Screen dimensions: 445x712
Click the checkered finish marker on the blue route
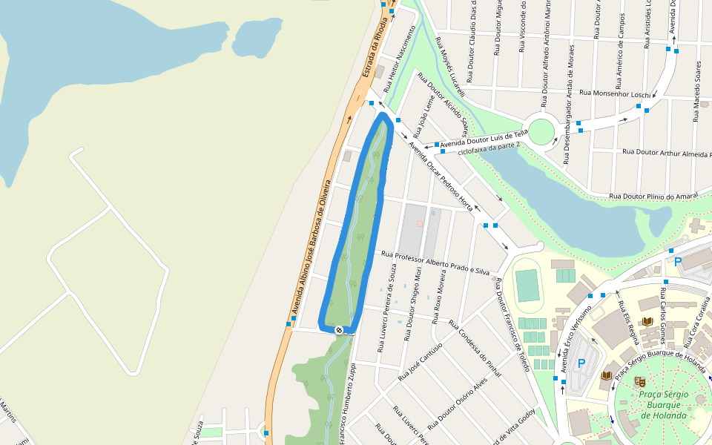(x=339, y=329)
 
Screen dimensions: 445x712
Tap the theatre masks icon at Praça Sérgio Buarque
(x=640, y=381)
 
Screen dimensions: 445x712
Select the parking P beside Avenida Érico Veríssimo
(x=581, y=363)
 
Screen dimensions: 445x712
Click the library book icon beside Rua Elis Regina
(x=647, y=321)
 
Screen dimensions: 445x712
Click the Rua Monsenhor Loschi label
(x=615, y=93)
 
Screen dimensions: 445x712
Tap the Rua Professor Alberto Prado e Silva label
(x=435, y=263)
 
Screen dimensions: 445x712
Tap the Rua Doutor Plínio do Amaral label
(x=654, y=196)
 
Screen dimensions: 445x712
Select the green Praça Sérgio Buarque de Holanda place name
(x=663, y=405)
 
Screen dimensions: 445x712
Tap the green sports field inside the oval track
(x=527, y=285)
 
